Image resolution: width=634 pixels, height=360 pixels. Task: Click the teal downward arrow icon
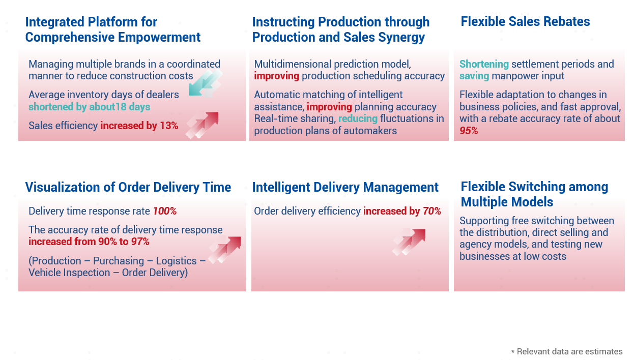click(205, 83)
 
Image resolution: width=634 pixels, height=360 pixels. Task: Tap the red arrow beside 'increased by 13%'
click(202, 125)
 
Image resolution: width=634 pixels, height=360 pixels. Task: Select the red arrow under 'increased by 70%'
click(409, 242)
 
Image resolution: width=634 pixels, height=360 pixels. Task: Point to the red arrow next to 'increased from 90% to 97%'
click(225, 250)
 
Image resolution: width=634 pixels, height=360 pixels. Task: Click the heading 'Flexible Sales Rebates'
click(525, 21)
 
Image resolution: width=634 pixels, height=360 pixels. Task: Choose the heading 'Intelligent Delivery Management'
click(345, 187)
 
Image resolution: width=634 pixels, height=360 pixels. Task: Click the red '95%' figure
click(469, 131)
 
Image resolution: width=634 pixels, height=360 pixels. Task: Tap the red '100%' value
click(165, 211)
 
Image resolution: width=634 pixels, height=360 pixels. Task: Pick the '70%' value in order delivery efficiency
click(432, 211)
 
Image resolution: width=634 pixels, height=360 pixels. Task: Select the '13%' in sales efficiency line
click(169, 126)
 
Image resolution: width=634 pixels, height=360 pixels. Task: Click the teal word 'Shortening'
click(484, 64)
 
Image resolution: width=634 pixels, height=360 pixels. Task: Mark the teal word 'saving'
click(474, 76)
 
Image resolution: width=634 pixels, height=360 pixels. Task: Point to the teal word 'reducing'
click(358, 118)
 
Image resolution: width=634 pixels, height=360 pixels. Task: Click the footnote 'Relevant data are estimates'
click(569, 351)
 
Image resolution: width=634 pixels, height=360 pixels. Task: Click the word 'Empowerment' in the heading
click(159, 37)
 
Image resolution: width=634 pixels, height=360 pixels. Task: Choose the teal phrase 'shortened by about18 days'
click(90, 107)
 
